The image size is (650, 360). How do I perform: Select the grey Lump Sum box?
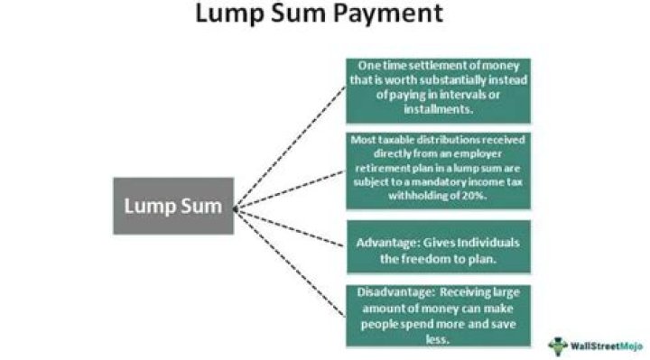tap(173, 206)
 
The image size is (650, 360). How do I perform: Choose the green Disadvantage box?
tap(439, 315)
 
